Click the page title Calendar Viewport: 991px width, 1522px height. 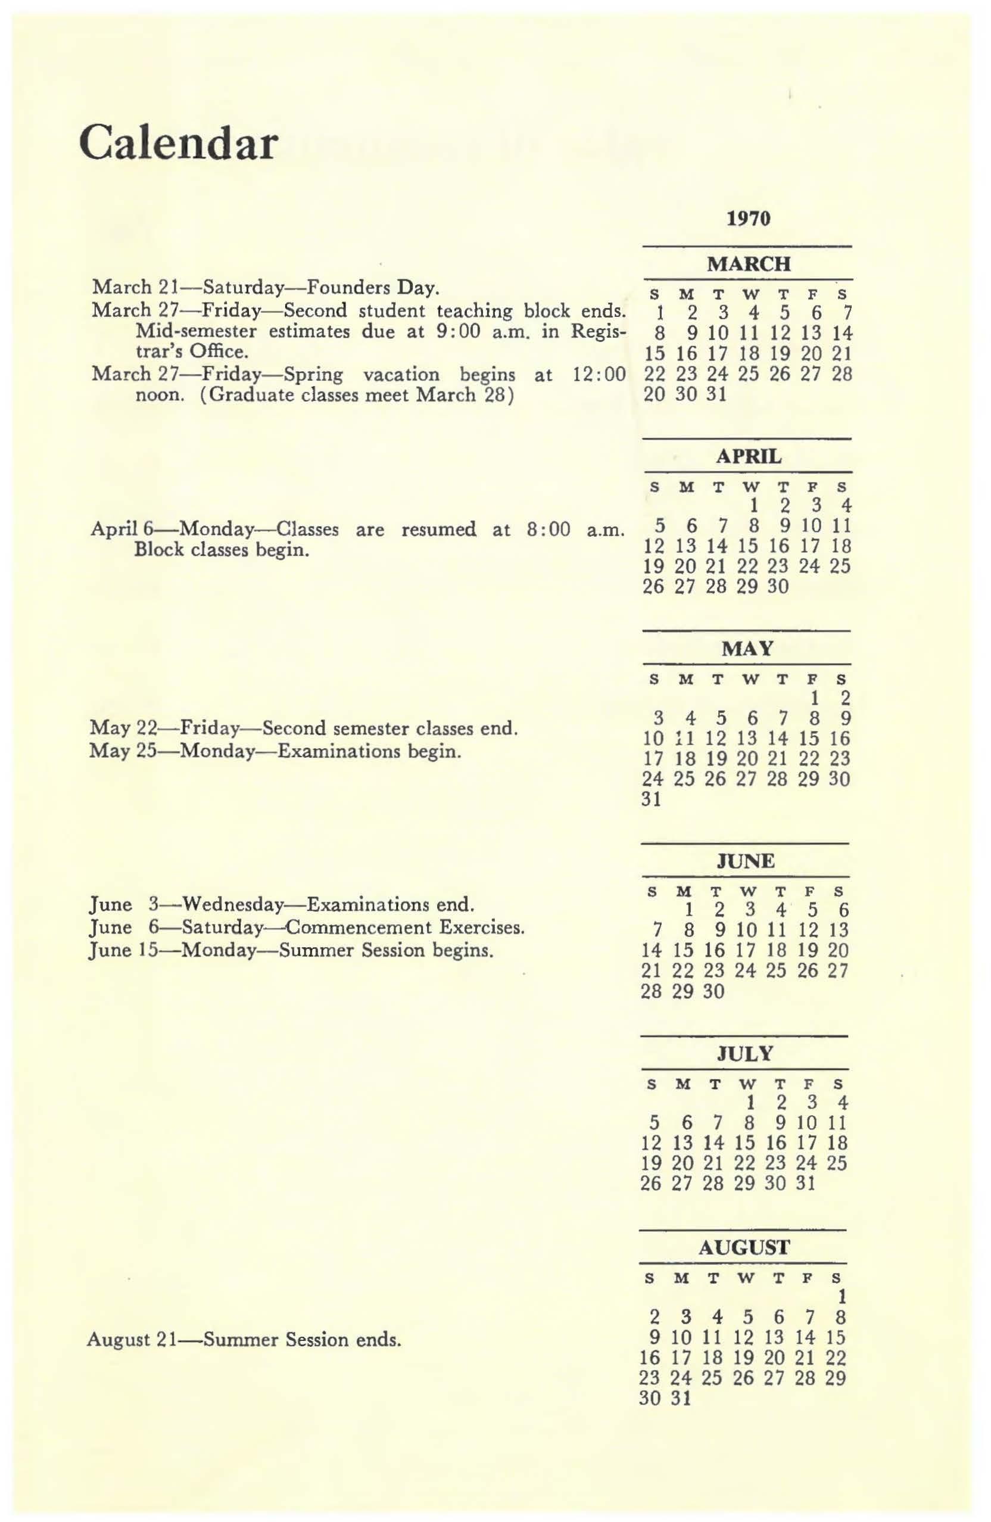(179, 144)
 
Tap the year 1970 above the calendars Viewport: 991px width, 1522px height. (749, 219)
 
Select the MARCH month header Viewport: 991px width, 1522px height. (749, 263)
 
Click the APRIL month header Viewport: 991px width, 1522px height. (748, 456)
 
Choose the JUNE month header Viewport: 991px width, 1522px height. (746, 861)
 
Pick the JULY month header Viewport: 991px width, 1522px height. (745, 1053)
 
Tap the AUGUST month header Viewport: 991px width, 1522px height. (744, 1247)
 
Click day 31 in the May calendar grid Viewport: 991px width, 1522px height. (651, 799)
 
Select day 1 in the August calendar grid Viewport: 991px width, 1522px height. (842, 1297)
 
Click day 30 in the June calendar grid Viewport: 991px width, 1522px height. (714, 991)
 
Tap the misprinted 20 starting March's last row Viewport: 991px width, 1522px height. (654, 394)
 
